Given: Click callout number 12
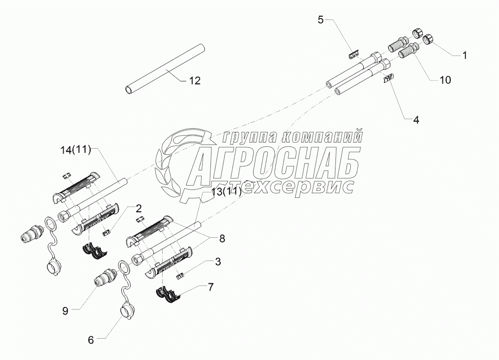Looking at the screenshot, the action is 195,81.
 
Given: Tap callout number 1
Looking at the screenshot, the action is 464,55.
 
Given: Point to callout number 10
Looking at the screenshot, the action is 445,80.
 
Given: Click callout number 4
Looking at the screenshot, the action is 416,120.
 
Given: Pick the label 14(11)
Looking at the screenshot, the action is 76,151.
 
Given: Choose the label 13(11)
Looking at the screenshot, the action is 226,192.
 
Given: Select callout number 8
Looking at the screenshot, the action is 222,239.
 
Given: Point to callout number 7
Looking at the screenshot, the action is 210,288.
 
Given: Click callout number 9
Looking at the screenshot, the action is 65,311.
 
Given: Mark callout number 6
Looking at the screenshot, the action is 91,340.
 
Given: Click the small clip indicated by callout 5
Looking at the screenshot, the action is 354,54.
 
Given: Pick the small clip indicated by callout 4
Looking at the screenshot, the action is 387,79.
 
